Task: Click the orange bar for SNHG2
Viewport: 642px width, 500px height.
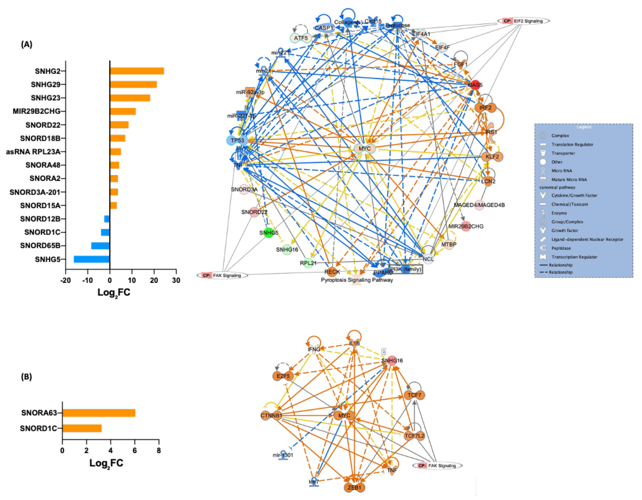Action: pyautogui.click(x=137, y=71)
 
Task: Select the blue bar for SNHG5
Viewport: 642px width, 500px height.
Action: pyautogui.click(x=92, y=259)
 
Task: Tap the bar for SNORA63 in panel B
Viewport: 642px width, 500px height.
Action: pyautogui.click(x=99, y=413)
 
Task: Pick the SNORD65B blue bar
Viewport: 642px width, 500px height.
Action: pyautogui.click(x=100, y=246)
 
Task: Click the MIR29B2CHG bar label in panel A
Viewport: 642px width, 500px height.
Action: pyautogui.click(x=37, y=111)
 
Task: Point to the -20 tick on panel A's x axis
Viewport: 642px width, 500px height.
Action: pyautogui.click(x=66, y=280)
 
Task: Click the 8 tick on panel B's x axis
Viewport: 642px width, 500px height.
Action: pyautogui.click(x=159, y=450)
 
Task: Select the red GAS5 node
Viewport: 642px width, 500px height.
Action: pyautogui.click(x=475, y=85)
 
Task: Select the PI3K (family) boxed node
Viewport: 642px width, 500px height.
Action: pyautogui.click(x=406, y=269)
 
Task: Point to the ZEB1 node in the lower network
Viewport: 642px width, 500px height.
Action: pyautogui.click(x=354, y=487)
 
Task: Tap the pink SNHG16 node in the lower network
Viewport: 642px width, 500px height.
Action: pyautogui.click(x=392, y=360)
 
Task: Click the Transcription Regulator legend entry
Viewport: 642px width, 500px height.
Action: pyautogui.click(x=574, y=257)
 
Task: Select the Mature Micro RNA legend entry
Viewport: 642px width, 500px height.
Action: pyautogui.click(x=569, y=179)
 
